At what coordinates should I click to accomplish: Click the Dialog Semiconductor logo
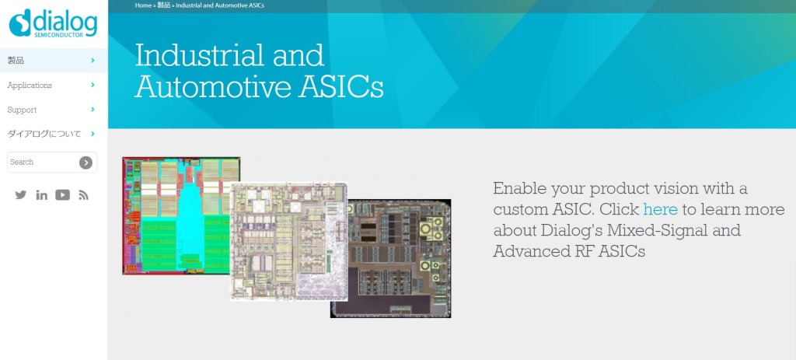(54, 23)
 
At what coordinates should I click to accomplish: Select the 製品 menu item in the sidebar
(16, 61)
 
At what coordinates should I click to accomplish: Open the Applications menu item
(30, 86)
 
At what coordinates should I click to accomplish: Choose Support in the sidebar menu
(22, 110)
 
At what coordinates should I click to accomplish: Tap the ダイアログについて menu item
(44, 134)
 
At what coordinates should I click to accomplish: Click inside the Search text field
(44, 162)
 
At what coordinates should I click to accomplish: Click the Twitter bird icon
(21, 194)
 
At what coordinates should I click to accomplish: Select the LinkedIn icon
(42, 195)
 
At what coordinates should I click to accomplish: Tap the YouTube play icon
(62, 194)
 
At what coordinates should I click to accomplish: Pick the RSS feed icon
(84, 195)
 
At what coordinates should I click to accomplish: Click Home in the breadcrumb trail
(143, 5)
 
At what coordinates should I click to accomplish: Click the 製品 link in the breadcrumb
(163, 5)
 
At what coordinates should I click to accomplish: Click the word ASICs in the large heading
(340, 86)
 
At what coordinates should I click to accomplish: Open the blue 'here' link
(660, 209)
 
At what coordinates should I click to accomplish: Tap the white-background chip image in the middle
(288, 242)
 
